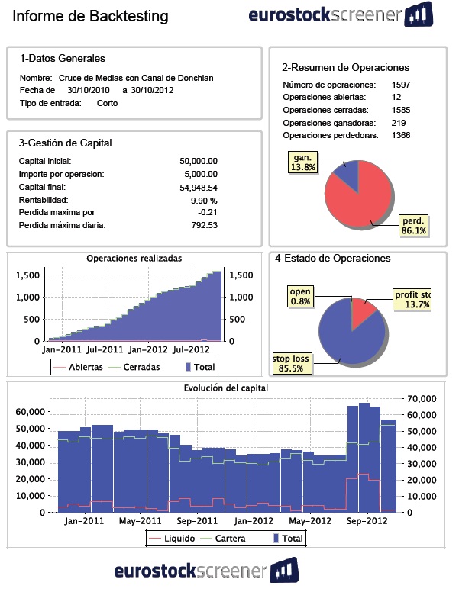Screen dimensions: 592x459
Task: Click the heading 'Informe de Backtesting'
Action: click(x=90, y=16)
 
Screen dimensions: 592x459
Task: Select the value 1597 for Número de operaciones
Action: click(x=401, y=85)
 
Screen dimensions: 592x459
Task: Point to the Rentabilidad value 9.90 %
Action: click(x=203, y=200)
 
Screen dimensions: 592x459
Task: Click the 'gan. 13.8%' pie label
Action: click(x=302, y=162)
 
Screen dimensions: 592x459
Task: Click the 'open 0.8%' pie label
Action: click(x=300, y=297)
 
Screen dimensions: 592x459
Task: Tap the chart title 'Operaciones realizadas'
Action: click(x=134, y=259)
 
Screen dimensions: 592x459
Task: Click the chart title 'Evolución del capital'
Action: click(x=225, y=388)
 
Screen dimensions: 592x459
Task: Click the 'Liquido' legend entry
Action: click(x=180, y=538)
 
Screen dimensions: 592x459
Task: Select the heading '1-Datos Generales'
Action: click(x=63, y=58)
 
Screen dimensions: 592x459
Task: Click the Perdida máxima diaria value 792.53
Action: click(x=202, y=225)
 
